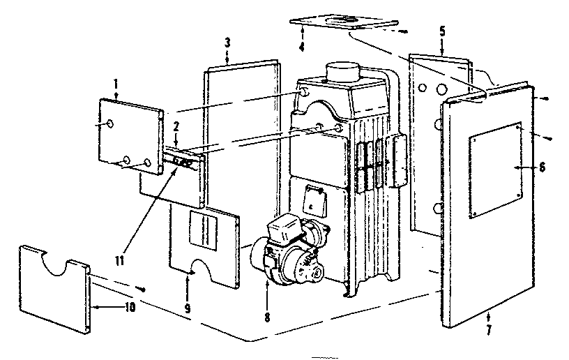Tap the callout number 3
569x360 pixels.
tap(227, 43)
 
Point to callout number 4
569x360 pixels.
tap(301, 48)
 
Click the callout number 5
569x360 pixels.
tap(442, 31)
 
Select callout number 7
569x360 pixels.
tap(488, 331)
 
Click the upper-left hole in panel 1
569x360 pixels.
tap(110, 123)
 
